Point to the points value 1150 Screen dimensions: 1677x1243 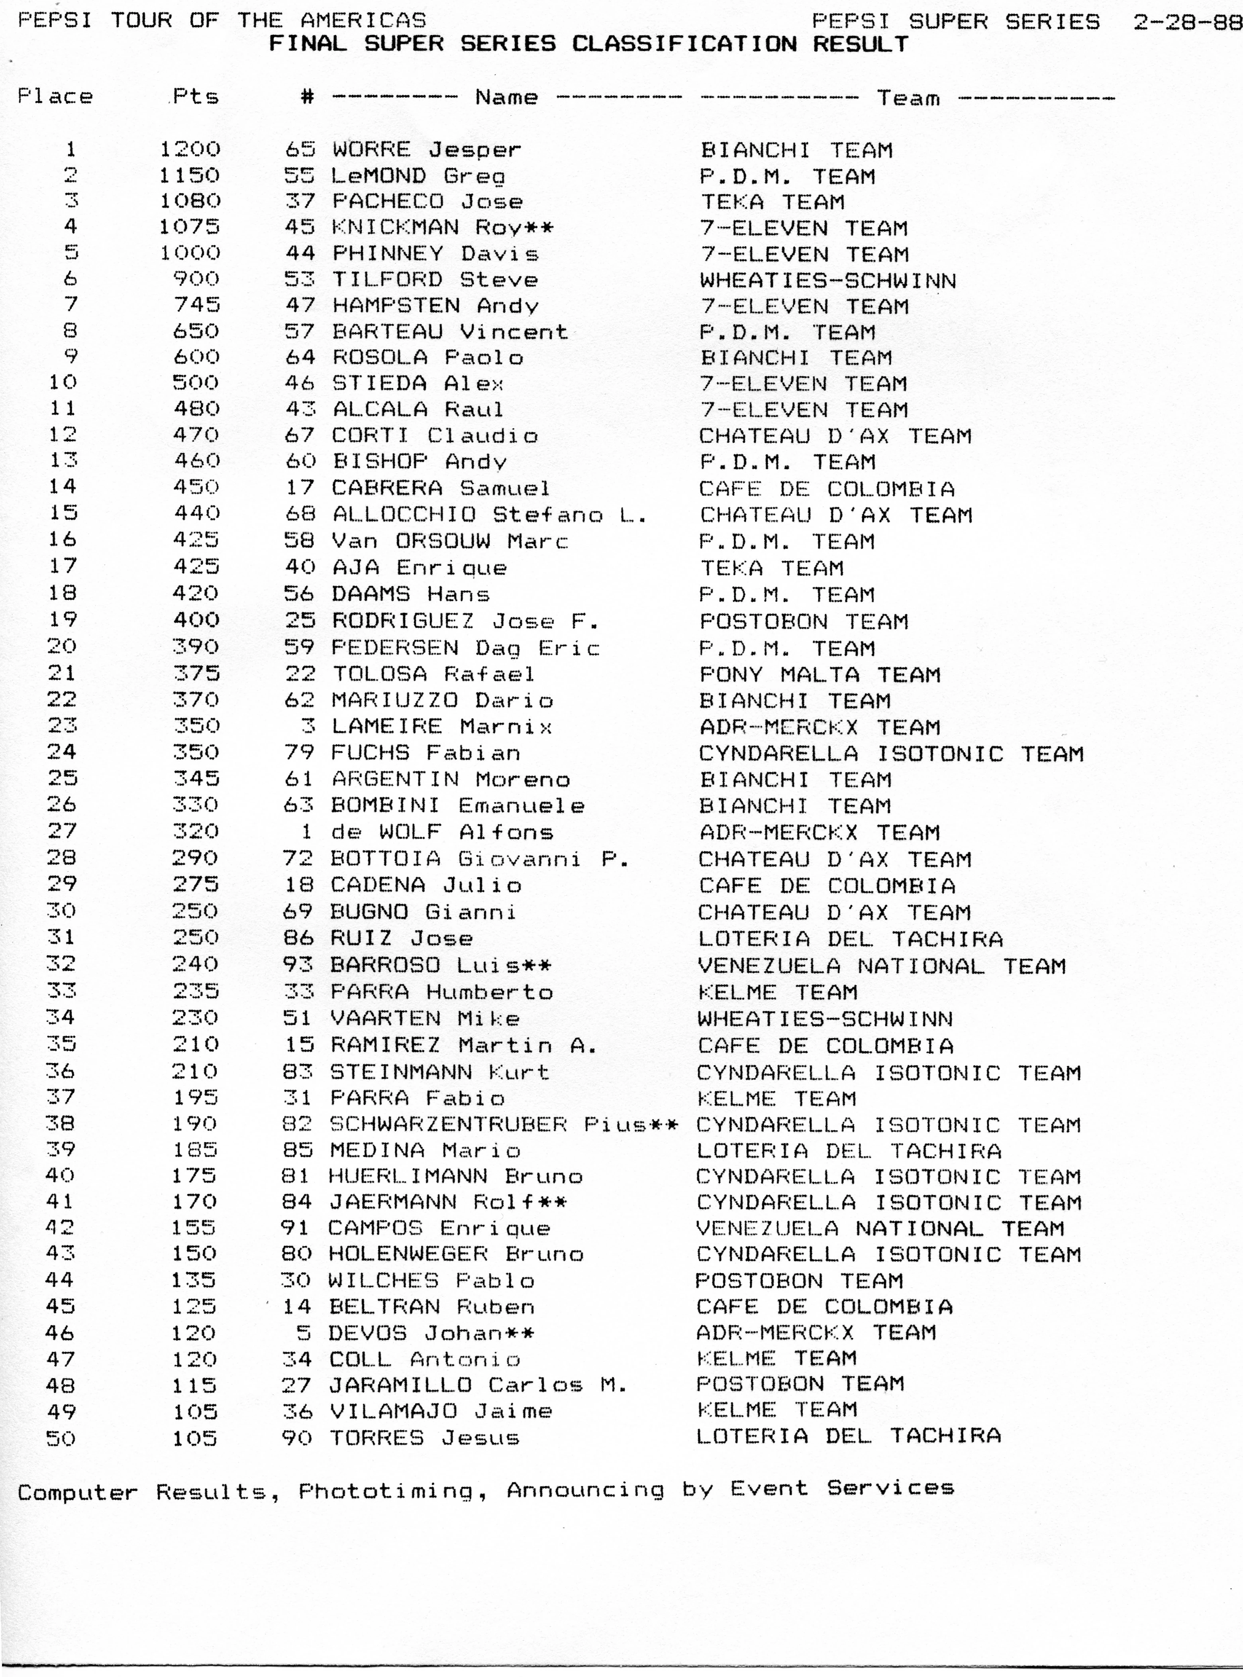pos(190,175)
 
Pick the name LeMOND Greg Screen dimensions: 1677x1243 pos(418,176)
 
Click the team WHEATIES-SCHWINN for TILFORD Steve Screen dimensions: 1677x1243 pos(827,281)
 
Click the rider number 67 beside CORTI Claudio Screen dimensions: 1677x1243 pos(300,435)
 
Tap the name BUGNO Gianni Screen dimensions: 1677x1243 pos(423,912)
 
